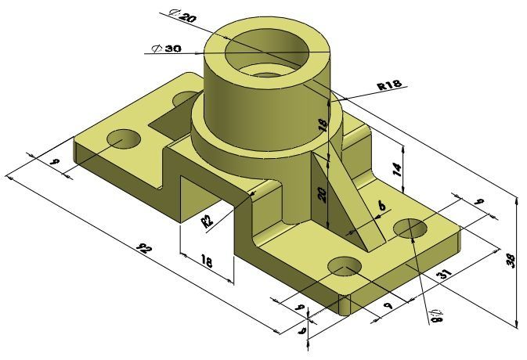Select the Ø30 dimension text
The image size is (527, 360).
click(x=167, y=49)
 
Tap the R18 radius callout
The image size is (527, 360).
click(x=389, y=85)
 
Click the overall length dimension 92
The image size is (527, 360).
click(x=143, y=250)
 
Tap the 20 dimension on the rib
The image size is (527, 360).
click(x=320, y=194)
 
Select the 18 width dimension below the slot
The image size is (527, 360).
click(x=207, y=261)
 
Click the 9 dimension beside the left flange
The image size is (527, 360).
click(x=54, y=162)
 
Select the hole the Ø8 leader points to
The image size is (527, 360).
click(x=410, y=229)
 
